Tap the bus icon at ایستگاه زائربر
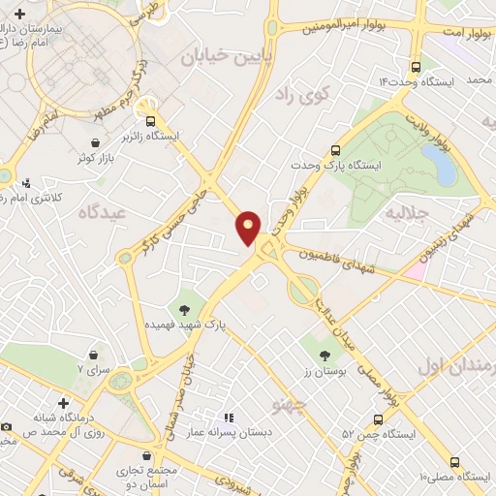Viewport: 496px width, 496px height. [150, 121]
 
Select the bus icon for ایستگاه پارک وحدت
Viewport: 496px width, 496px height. [336, 150]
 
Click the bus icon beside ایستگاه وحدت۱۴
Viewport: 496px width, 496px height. [416, 67]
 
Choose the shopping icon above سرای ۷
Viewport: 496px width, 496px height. [94, 356]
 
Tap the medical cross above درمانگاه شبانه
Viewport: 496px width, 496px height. [64, 402]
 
